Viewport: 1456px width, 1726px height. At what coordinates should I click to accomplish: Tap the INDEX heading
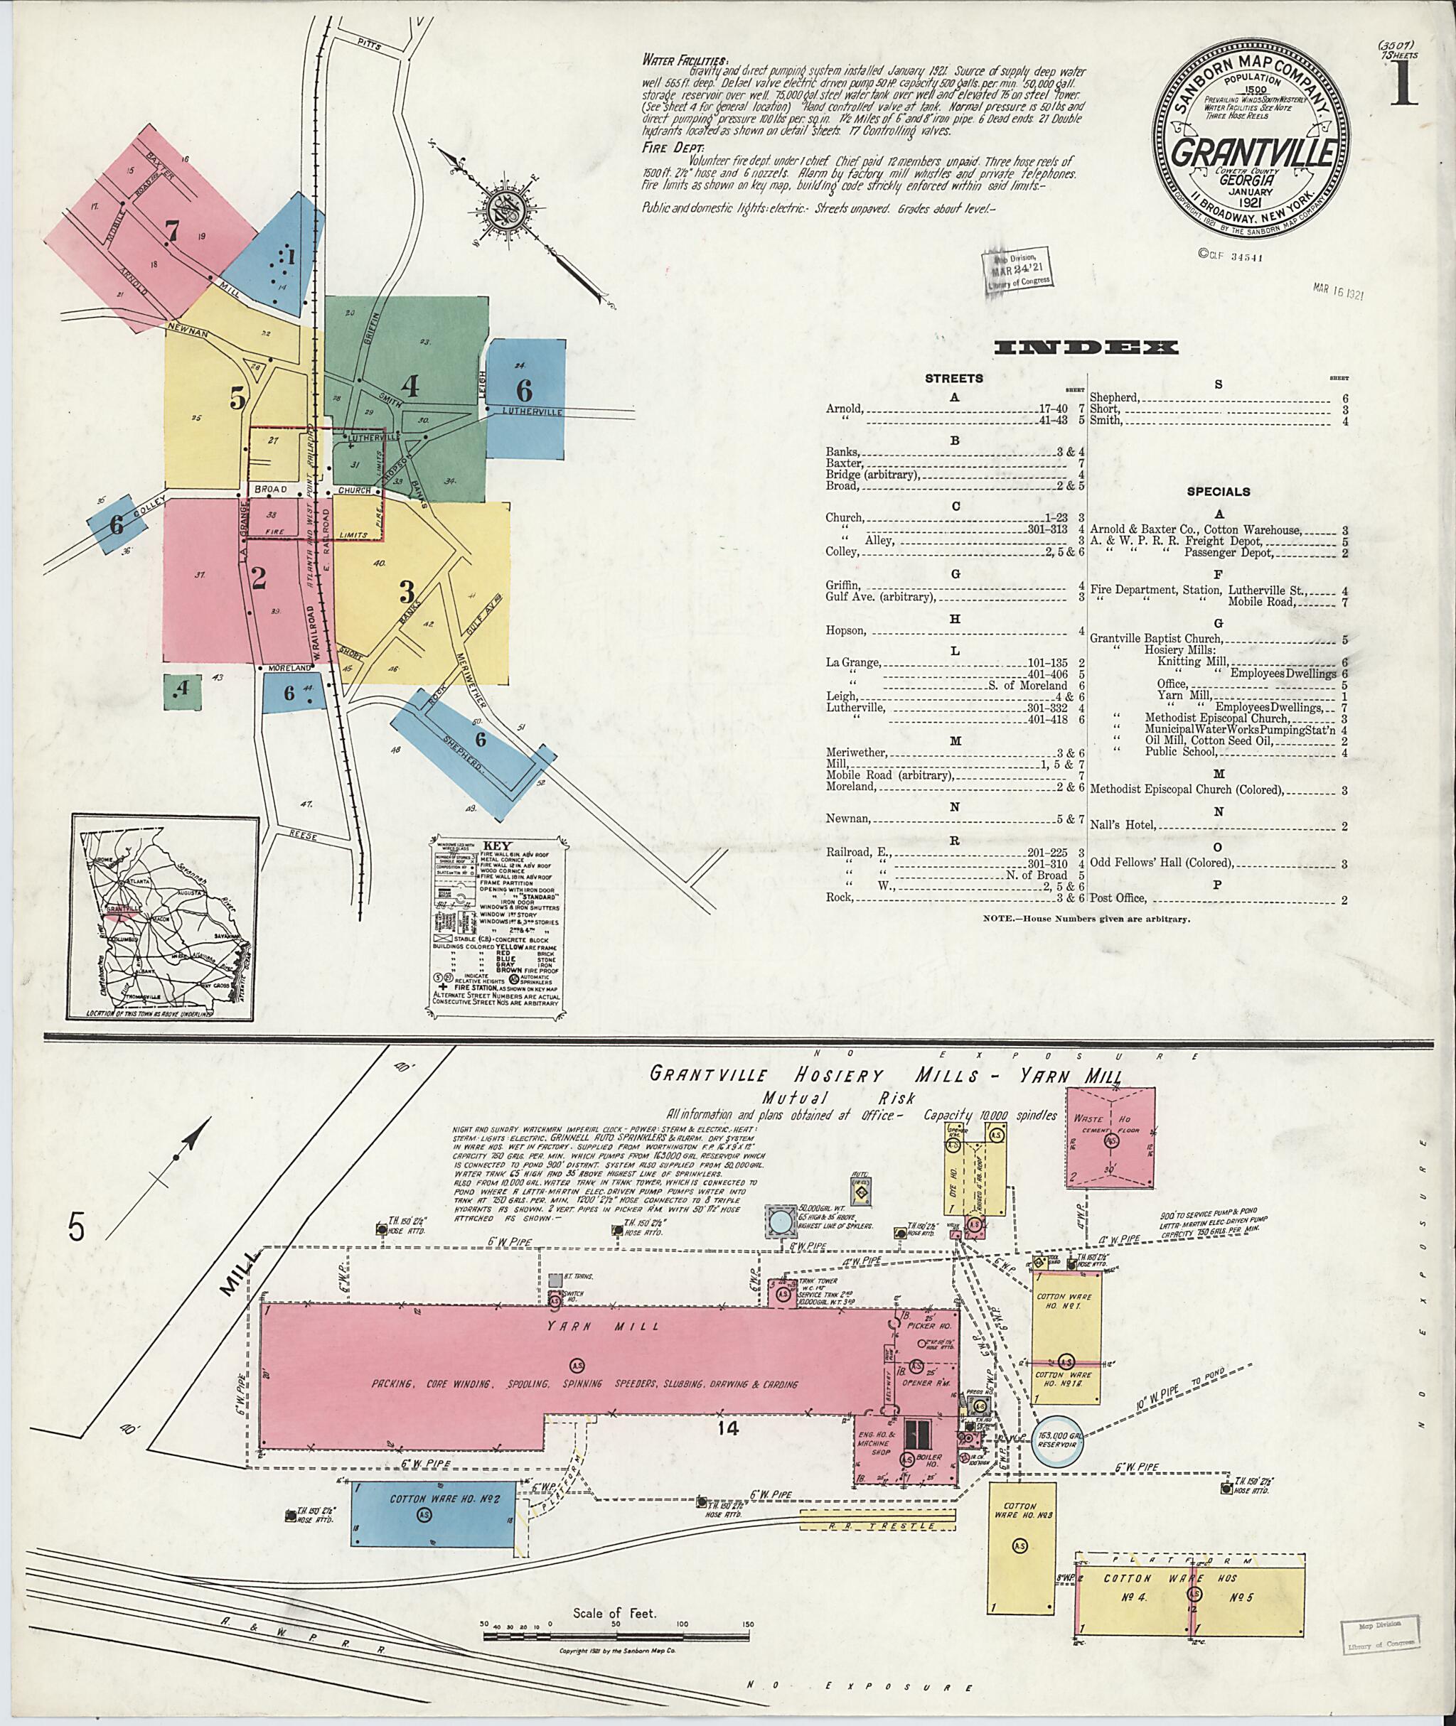pyautogui.click(x=1086, y=347)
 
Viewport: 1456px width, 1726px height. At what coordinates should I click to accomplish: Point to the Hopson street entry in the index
pyautogui.click(x=846, y=630)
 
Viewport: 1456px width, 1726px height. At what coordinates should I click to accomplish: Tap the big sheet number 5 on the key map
pyautogui.click(x=237, y=399)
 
